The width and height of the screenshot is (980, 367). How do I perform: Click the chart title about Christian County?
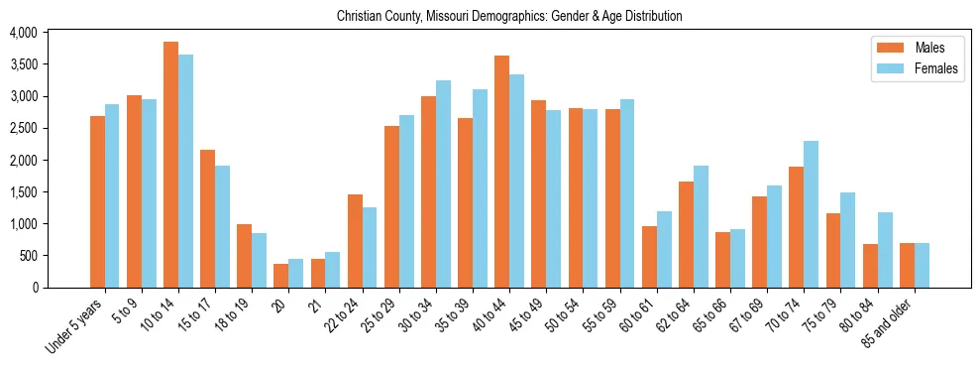509,17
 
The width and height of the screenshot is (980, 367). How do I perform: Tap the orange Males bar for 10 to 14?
170,165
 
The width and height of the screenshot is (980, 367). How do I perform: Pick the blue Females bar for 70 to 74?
811,214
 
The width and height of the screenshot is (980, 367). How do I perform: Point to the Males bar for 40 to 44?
501,172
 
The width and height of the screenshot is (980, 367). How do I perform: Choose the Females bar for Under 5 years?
112,195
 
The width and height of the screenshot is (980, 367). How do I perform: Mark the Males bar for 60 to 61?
649,257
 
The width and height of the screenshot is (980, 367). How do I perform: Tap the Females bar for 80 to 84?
884,250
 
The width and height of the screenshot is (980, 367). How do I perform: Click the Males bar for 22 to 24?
355,241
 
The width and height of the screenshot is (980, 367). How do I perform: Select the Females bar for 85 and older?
922,265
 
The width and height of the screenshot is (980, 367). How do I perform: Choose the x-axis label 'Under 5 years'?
75,326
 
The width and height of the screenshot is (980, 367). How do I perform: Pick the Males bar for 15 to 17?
207,218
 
